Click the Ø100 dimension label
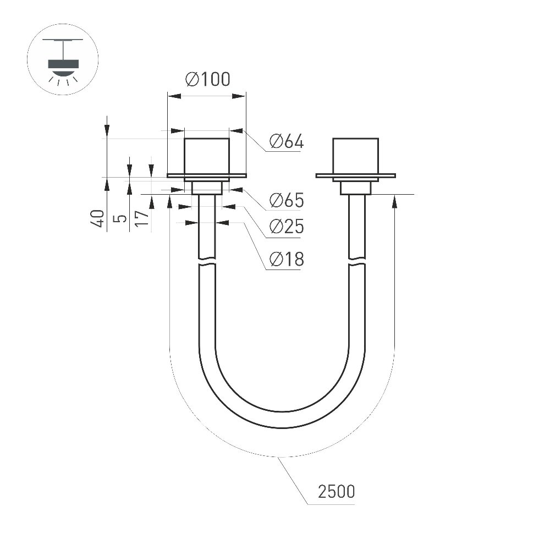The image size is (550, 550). click(x=208, y=79)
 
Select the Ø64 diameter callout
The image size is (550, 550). click(x=286, y=141)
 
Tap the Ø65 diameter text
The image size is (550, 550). click(x=286, y=200)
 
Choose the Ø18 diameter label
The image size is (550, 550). click(x=286, y=259)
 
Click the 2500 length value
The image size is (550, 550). click(x=337, y=491)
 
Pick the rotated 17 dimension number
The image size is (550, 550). click(x=142, y=218)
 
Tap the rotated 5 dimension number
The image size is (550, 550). click(x=120, y=218)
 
